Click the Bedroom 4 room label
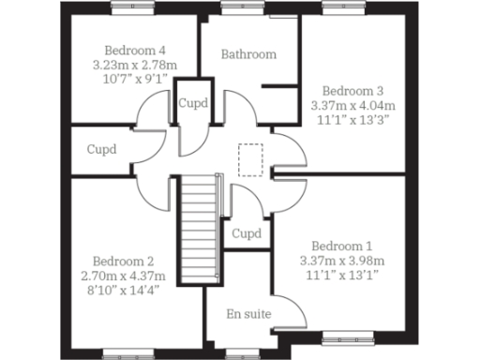pos(135,50)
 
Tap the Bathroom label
pos(248,54)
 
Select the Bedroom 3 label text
pos(347,91)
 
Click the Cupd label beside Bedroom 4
pos(193,103)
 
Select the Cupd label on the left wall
pos(102,149)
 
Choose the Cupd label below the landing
pos(246,233)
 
